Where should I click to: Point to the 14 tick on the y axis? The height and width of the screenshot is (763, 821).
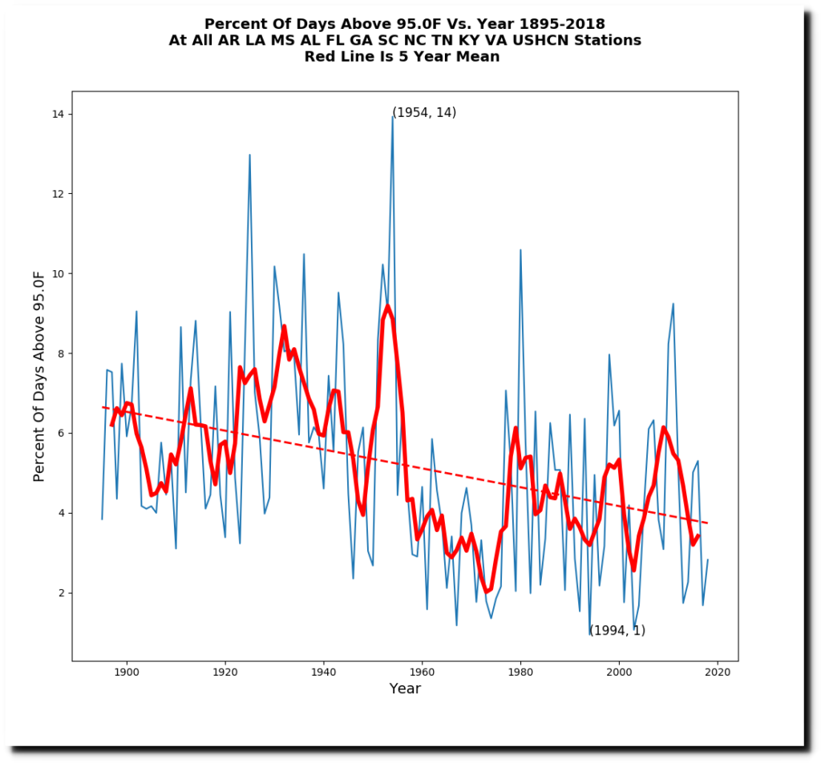[58, 115]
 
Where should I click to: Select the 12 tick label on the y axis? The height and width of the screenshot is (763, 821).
[58, 194]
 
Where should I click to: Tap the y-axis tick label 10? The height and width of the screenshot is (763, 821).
[58, 274]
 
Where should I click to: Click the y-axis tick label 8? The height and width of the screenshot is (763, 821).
[61, 353]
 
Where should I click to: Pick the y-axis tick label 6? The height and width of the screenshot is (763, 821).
[61, 434]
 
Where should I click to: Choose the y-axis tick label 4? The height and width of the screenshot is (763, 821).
[61, 513]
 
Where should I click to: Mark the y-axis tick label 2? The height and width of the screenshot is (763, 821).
[61, 593]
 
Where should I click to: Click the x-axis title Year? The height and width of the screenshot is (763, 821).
[405, 688]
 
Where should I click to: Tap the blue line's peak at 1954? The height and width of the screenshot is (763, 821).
[393, 117]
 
